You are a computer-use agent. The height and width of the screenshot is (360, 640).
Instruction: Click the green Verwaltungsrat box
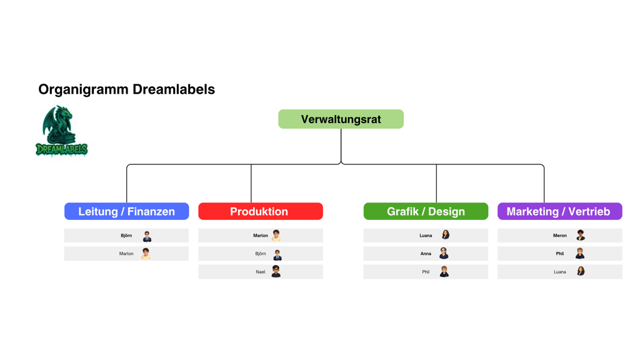pos(341,119)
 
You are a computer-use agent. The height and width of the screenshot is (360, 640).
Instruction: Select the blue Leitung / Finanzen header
pos(126,211)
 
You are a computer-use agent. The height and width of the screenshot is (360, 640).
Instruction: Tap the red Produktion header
pos(260,211)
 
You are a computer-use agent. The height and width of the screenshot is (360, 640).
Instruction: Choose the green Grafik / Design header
pos(426,211)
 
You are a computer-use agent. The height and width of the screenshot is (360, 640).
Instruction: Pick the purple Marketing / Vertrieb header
pos(559,211)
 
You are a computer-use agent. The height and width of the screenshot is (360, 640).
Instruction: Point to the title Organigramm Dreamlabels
pos(126,89)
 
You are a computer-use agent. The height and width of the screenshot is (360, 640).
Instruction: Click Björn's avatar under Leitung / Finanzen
pos(147,236)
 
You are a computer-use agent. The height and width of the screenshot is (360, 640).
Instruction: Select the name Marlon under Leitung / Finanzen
pos(126,254)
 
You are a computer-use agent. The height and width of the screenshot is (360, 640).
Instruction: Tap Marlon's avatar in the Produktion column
pos(276,236)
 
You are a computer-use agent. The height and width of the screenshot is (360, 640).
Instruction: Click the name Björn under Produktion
pos(261,254)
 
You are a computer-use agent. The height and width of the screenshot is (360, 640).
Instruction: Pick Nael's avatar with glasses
pos(276,272)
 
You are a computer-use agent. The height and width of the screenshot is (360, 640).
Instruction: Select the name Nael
pos(261,272)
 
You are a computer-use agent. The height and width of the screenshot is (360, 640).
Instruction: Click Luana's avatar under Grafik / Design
pos(445,236)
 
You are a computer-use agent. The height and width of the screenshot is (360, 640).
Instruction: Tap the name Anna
pos(426,254)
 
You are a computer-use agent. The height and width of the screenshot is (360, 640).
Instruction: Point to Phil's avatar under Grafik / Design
pos(444,272)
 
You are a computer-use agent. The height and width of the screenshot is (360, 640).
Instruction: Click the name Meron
pos(560,236)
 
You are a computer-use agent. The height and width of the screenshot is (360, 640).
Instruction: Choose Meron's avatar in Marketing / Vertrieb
pos(580,236)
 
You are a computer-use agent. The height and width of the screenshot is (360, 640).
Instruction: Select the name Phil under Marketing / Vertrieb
pos(560,254)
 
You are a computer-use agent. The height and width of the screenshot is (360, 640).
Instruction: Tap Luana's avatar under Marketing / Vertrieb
pos(580,272)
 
